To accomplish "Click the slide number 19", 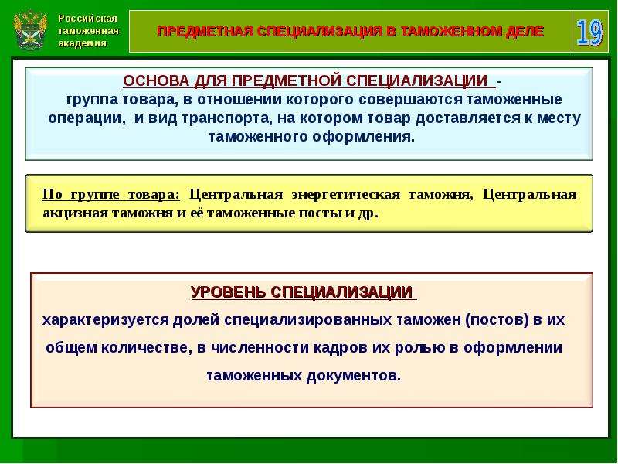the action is pyautogui.click(x=590, y=32).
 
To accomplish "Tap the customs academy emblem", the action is pyautogui.click(x=29, y=30).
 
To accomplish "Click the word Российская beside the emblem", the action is pyautogui.click(x=87, y=18).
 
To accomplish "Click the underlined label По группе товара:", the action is pyautogui.click(x=110, y=195).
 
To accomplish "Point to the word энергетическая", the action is pyautogui.click(x=345, y=195).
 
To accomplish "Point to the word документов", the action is pyautogui.click(x=353, y=376).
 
